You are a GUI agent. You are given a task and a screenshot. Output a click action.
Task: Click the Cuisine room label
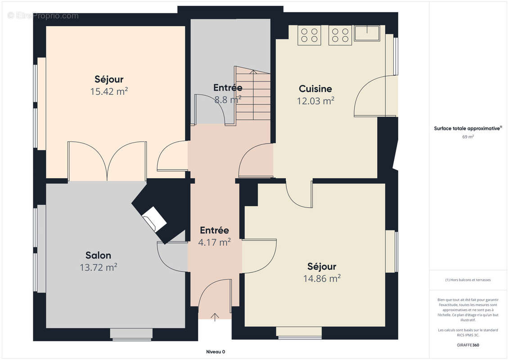pos(315,89)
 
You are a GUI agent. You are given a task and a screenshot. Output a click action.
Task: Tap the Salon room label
pos(99,256)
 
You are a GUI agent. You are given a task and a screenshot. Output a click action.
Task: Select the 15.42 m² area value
pos(109,91)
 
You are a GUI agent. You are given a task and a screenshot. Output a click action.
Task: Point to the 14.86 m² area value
pos(322,278)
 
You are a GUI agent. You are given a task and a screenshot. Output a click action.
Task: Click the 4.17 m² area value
pos(214,242)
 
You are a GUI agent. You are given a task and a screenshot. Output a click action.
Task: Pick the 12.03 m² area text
pos(315,101)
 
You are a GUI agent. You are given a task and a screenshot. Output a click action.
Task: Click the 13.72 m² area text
pos(99,267)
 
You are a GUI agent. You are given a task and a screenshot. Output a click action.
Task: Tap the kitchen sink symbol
pos(367,33)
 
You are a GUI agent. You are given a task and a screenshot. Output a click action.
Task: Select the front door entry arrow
pos(215,317)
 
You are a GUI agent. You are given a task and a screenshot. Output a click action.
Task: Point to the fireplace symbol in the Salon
pos(154,219)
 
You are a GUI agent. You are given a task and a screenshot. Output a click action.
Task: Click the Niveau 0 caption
pos(216,352)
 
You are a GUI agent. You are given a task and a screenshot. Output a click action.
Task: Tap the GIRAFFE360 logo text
pos(468,345)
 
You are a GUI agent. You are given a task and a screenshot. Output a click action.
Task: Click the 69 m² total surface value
pos(468,137)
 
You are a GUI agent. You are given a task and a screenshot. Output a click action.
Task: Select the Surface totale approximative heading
pos(468,129)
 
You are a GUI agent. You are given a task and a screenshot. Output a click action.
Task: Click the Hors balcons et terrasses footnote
pos(468,280)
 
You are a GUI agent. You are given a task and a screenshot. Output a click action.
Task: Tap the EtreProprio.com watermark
pos(43,16)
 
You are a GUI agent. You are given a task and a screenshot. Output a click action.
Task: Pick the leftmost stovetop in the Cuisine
pos(309,35)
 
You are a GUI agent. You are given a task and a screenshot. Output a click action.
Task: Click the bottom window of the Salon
pos(131,334)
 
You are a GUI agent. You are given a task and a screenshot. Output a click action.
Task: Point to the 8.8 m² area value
pos(228,99)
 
